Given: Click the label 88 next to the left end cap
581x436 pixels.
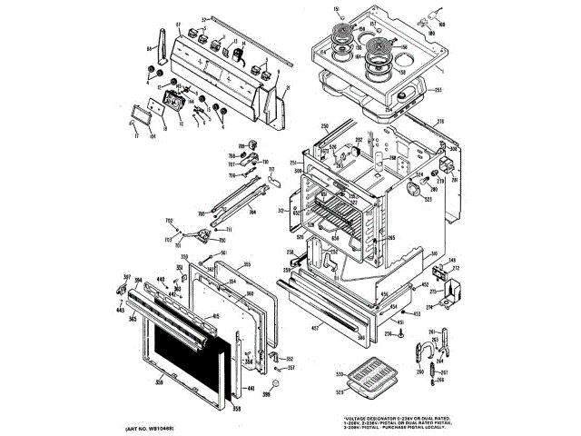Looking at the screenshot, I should [150, 48].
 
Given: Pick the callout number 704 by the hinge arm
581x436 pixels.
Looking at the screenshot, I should [252, 211].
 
